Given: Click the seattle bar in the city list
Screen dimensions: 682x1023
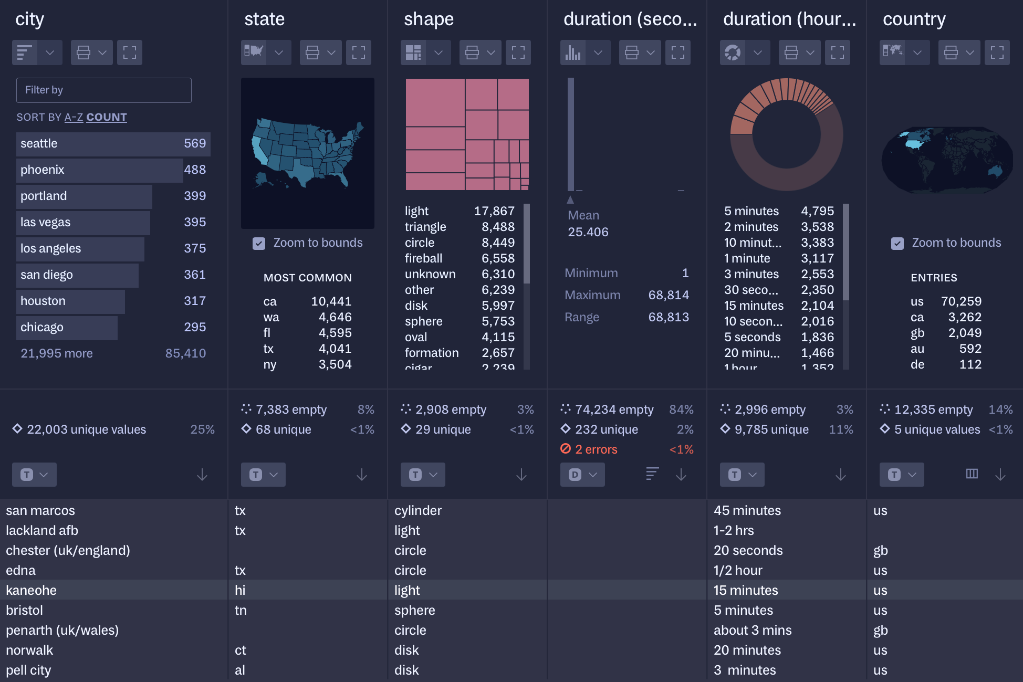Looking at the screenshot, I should (x=113, y=144).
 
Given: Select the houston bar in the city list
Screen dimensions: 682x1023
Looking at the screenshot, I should (x=70, y=301).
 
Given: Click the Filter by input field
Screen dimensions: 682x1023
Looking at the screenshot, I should (x=104, y=90).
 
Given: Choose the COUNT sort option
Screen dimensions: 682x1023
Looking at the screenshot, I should (x=107, y=117).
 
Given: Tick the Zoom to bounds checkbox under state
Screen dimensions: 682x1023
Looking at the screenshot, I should (x=259, y=243).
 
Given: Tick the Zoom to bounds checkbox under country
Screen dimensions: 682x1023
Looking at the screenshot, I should (x=897, y=243).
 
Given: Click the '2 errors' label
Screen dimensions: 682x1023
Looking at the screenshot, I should (x=596, y=449).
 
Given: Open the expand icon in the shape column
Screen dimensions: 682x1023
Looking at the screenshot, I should (x=518, y=53).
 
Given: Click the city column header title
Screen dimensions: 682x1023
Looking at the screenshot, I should (x=30, y=19).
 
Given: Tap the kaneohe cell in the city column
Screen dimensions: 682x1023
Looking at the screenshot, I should (x=32, y=590).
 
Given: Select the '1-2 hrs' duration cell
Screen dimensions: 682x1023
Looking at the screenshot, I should (x=734, y=530).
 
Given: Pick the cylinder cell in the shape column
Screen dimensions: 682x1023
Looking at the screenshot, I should (x=418, y=510).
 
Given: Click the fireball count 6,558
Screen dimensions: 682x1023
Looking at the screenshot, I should (x=498, y=258).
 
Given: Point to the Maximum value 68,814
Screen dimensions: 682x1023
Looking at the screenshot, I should (x=669, y=295).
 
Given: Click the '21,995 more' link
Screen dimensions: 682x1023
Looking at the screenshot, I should (x=57, y=353).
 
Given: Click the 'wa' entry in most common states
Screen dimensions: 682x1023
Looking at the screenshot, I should (x=271, y=317).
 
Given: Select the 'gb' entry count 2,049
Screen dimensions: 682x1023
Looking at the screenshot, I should (x=965, y=333).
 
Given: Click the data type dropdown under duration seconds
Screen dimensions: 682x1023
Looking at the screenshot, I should (x=582, y=475).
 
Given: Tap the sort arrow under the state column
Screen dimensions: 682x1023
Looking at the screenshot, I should (x=362, y=475).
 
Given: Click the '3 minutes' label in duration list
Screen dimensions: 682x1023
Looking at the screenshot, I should (x=751, y=274).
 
